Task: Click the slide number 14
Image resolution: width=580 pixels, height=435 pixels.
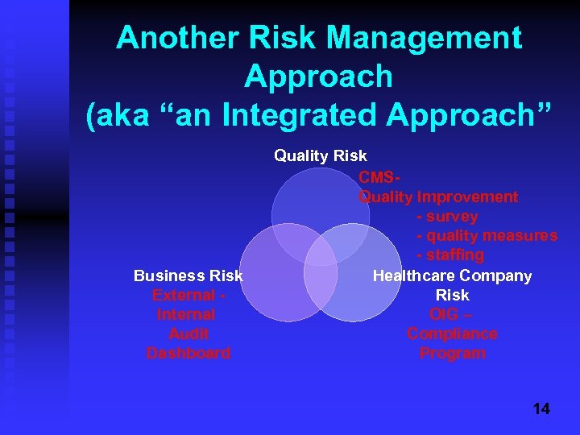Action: click(541, 409)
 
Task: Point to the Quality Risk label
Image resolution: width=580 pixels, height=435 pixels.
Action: click(320, 155)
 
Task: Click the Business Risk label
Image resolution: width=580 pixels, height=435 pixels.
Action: click(188, 275)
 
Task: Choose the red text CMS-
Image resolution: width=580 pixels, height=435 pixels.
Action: click(379, 177)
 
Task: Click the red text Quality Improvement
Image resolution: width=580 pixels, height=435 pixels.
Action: click(438, 197)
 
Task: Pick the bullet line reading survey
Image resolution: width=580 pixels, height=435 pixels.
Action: click(447, 217)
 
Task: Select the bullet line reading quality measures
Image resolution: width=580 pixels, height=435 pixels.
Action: click(487, 236)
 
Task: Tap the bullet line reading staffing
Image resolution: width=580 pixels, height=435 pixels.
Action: click(450, 255)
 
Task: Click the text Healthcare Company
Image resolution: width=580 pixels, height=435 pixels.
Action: click(452, 275)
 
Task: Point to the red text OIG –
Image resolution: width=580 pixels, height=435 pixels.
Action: click(452, 314)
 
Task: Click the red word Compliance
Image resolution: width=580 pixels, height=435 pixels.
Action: click(452, 333)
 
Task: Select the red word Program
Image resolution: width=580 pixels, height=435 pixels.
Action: click(452, 353)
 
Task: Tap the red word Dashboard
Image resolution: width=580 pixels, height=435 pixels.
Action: click(188, 353)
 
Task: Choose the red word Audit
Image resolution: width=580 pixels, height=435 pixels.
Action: click(188, 333)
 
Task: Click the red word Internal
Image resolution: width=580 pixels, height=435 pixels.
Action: click(186, 314)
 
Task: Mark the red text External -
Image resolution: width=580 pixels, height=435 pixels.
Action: click(188, 295)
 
